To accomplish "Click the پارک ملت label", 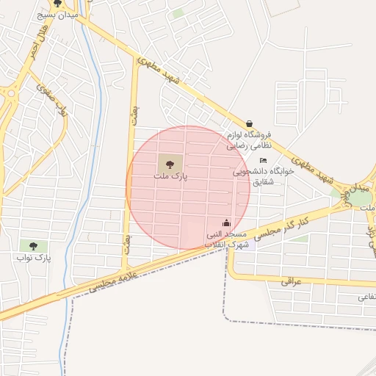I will (171, 177).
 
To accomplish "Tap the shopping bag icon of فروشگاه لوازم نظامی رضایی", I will (250, 123).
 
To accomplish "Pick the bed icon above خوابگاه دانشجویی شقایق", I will (264, 161).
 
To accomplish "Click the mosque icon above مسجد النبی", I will (226, 223).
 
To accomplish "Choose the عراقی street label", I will (291, 281).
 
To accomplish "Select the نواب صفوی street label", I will (54, 100).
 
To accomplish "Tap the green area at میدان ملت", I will (341, 194).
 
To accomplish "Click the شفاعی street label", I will (366, 297).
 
